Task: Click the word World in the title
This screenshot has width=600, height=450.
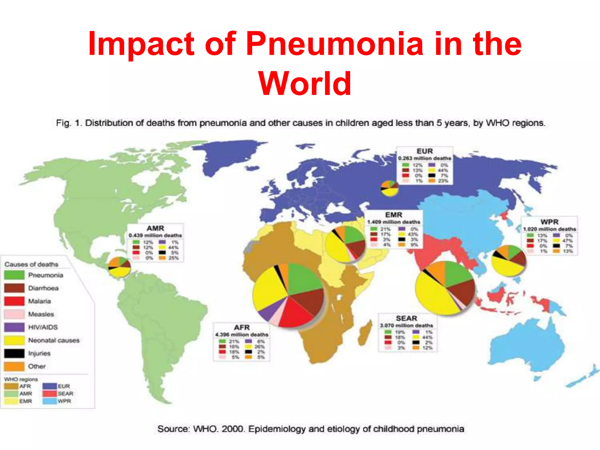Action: point(305,84)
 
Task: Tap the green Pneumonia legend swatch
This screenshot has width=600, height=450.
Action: point(14,275)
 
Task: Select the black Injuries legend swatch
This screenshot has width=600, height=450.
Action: point(14,353)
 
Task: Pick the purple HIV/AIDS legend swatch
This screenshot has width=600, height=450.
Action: point(14,327)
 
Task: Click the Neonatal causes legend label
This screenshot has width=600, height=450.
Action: point(54,340)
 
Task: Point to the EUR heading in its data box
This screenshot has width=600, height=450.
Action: point(425,151)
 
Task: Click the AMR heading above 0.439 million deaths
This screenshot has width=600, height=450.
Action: point(155,228)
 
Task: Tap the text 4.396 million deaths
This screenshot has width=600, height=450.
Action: point(242,335)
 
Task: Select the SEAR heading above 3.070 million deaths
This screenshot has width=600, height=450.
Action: point(406,318)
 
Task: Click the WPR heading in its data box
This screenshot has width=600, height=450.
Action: point(549,222)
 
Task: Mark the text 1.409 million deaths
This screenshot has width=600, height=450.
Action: point(394,222)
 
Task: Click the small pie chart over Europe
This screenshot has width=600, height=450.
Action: point(389,188)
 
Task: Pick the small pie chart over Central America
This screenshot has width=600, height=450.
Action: point(119,267)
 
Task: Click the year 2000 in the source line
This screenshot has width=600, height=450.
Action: point(233,429)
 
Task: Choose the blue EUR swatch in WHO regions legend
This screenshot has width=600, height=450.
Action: point(49,386)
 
